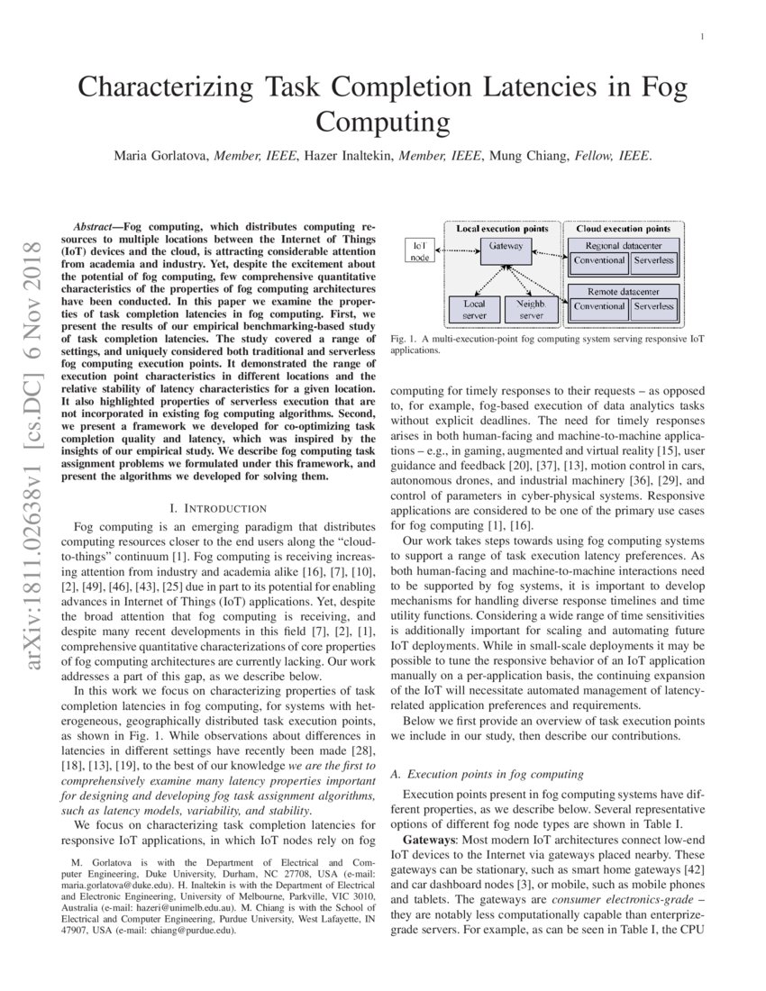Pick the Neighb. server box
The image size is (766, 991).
531,310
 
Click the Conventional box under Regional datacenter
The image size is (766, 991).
599,260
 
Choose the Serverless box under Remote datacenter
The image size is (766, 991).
652,306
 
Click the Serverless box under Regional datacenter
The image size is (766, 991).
652,260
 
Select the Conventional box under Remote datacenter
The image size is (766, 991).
599,306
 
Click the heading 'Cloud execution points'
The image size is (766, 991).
623,229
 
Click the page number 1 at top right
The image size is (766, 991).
700,37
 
